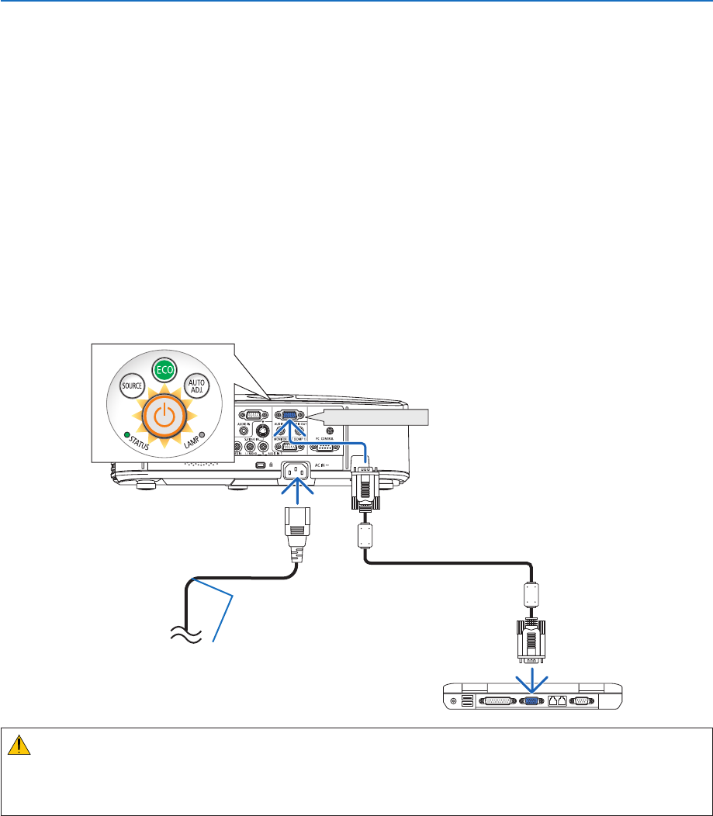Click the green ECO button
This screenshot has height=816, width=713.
(163, 370)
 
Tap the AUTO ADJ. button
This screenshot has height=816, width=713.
(198, 386)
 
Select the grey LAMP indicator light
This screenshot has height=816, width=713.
(202, 435)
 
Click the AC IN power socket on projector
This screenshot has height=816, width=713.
(297, 470)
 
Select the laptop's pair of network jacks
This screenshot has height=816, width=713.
(556, 700)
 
